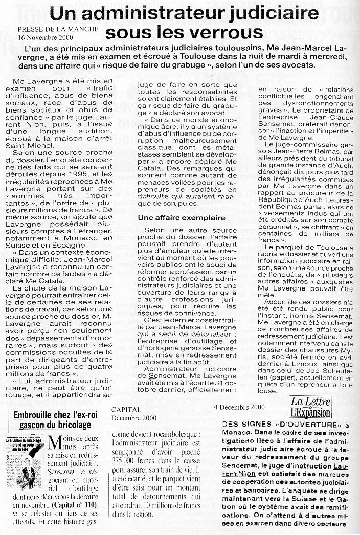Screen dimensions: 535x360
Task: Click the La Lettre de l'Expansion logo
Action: pyautogui.click(x=310, y=407)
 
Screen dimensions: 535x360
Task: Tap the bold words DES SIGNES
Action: pyautogui.click(x=243, y=424)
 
